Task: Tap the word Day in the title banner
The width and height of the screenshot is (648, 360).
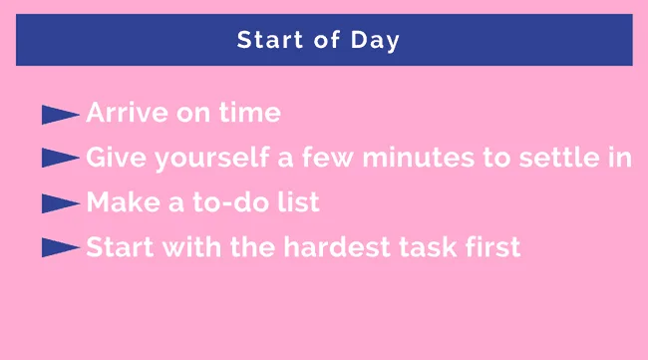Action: click(378, 41)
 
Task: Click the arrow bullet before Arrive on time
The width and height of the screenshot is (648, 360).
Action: click(60, 115)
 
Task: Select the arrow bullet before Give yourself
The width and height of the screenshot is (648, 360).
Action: click(60, 159)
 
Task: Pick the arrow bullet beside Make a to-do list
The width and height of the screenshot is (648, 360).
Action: click(60, 203)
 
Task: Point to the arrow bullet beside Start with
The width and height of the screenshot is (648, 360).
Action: click(60, 247)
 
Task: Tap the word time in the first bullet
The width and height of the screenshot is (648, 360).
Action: click(252, 114)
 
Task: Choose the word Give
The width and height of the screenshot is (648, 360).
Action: click(111, 158)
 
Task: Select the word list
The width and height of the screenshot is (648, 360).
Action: click(299, 202)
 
